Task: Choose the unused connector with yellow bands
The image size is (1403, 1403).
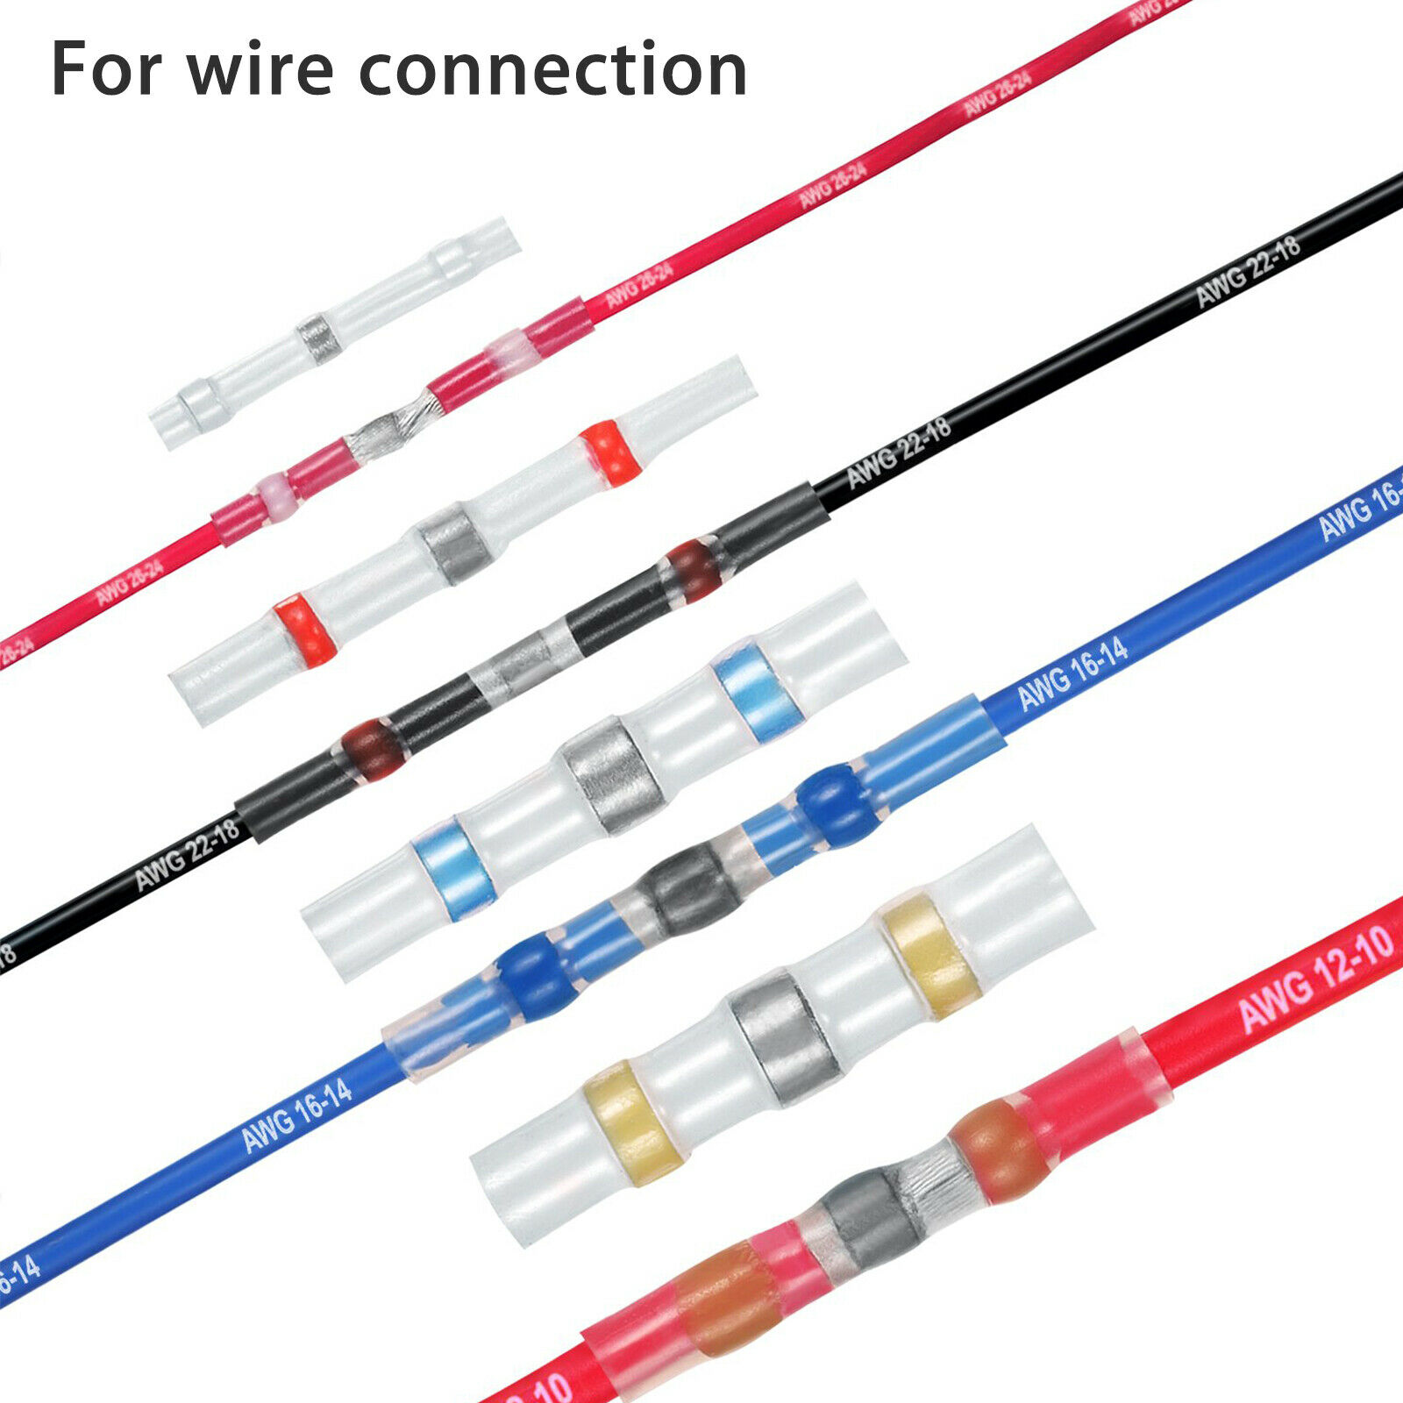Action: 780,1035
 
